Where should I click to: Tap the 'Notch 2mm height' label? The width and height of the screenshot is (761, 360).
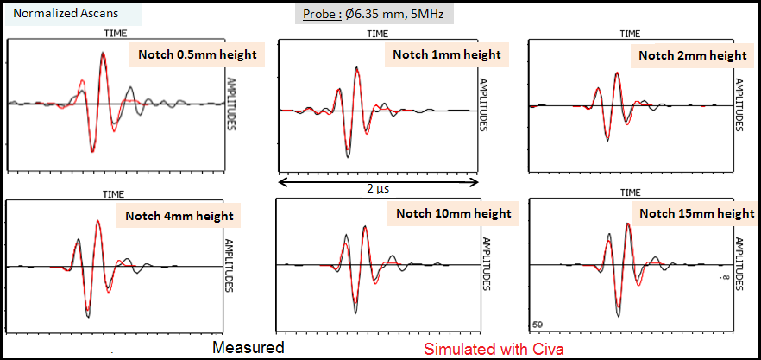693,55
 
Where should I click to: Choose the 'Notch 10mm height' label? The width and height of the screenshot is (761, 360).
454,213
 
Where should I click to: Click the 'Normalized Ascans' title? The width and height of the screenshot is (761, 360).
54,14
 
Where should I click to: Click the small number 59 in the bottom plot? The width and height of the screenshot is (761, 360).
538,325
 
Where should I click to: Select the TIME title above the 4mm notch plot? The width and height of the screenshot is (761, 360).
115,194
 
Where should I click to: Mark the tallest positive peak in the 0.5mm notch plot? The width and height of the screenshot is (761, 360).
104,54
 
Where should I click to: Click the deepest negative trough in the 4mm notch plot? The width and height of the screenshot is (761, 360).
88,316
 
